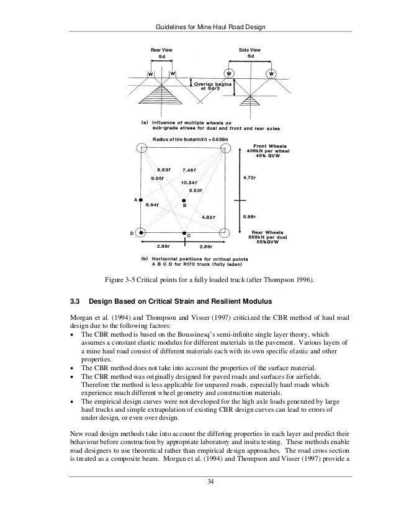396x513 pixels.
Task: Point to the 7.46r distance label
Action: click(x=189, y=170)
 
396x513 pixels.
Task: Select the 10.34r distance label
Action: click(x=189, y=183)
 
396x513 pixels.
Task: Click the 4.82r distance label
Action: click(x=209, y=217)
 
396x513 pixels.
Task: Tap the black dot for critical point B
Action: click(x=184, y=200)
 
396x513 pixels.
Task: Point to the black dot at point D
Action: click(x=141, y=232)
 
